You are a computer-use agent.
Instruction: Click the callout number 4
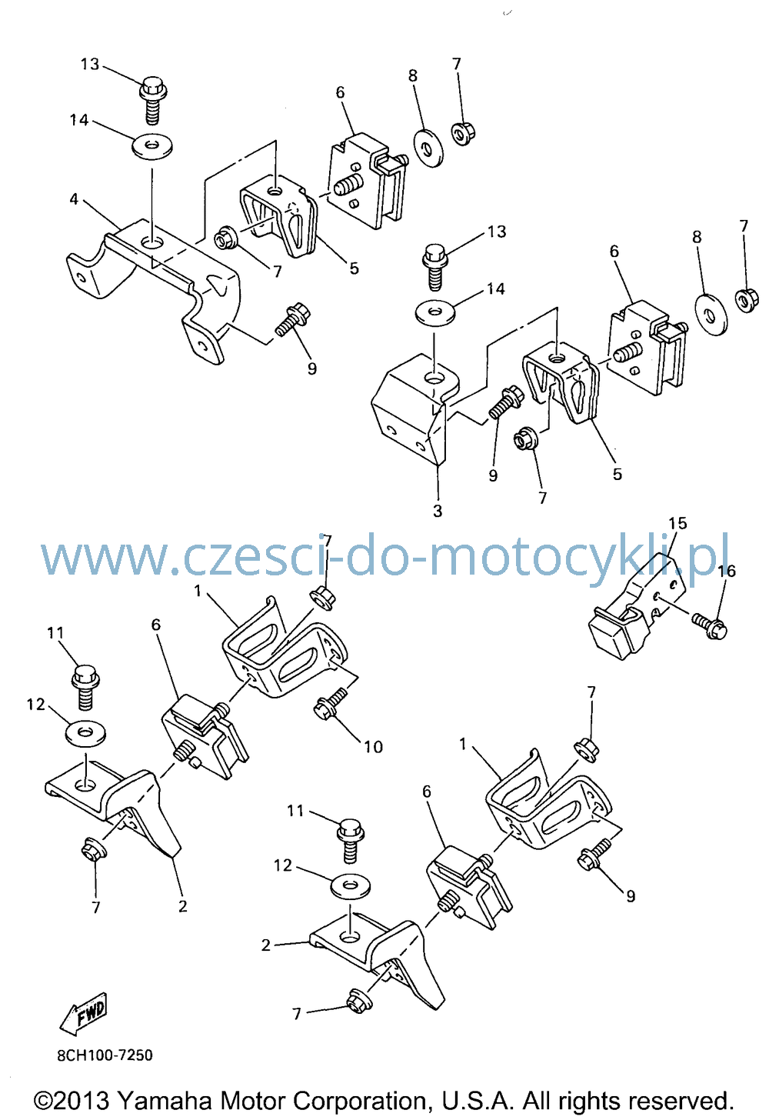74,199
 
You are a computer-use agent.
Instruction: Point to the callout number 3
438,511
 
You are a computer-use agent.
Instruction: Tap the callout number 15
678,524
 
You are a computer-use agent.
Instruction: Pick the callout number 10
373,747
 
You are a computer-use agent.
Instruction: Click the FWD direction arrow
84,1013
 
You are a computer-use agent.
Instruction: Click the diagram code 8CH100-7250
105,1055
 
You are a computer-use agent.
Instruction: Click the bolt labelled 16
710,625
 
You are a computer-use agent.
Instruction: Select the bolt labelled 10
330,704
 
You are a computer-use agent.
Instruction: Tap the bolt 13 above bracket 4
152,99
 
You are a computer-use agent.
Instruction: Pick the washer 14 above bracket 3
435,313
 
